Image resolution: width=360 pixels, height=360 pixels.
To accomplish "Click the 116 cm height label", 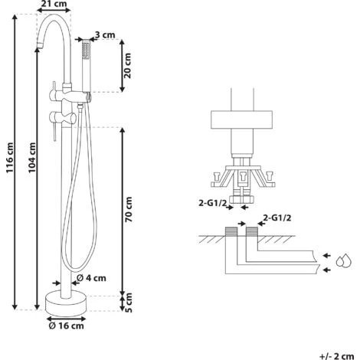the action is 10,158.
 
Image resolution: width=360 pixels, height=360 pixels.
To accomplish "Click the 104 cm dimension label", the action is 31,158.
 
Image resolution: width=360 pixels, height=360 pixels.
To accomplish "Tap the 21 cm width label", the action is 54,4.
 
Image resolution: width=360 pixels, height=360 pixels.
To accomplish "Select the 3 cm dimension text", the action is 105,34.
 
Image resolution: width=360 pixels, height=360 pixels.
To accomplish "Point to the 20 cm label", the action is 127,66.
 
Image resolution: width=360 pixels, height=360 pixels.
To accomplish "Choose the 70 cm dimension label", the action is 129,209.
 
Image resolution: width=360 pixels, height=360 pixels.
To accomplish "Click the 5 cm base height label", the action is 129,303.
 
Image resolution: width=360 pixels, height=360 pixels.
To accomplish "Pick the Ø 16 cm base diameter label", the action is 66,326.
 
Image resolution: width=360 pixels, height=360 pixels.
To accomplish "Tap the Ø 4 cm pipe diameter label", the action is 91,278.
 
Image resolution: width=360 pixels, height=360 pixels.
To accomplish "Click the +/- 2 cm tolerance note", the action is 336,356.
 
